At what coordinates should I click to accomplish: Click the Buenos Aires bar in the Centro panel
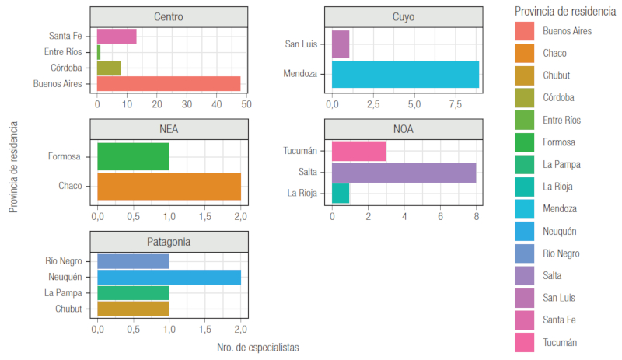(169, 83)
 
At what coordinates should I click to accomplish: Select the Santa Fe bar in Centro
(117, 36)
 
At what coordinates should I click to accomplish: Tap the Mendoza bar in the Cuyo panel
(405, 74)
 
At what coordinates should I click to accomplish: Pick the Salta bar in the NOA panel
(404, 172)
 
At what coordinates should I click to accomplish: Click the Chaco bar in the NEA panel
(169, 186)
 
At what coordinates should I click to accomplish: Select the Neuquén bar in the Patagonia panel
(169, 277)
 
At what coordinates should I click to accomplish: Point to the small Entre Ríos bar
(99, 52)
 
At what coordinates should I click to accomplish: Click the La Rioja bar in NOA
(341, 193)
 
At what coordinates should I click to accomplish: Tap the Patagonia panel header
(169, 242)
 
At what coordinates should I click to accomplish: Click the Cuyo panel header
(404, 16)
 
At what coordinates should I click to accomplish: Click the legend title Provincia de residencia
(564, 11)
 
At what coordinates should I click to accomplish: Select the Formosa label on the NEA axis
(64, 156)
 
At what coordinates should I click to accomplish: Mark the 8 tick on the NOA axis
(476, 216)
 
